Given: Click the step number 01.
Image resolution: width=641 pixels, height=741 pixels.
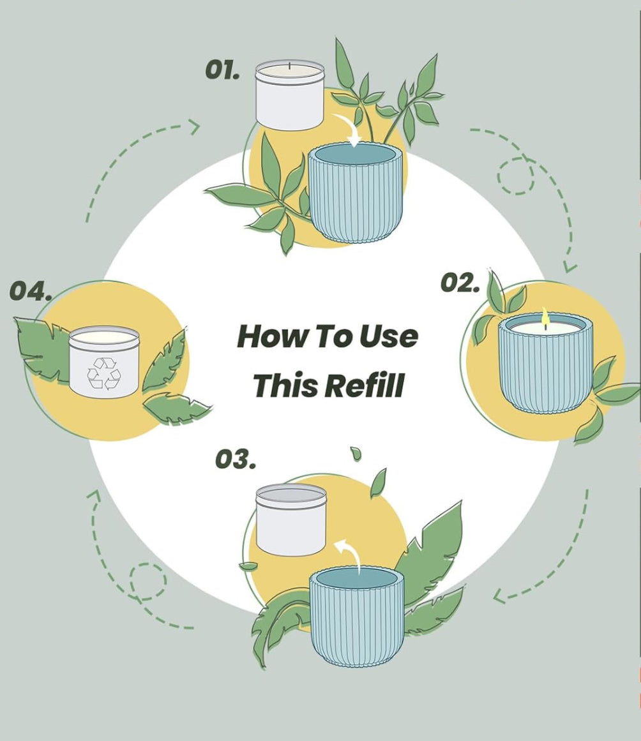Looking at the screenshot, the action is (222, 70).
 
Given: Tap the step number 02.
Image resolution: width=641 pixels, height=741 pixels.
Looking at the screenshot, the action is (460, 283).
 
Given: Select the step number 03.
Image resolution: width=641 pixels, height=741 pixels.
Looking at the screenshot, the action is (236, 460).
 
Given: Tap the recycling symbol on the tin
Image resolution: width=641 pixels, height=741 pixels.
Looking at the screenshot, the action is (104, 373).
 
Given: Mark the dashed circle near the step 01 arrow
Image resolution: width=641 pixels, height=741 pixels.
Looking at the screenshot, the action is (515, 176).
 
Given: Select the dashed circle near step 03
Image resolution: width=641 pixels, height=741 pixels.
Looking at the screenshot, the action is (148, 581).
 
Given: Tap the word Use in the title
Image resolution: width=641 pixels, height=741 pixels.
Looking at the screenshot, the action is (389, 336).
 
